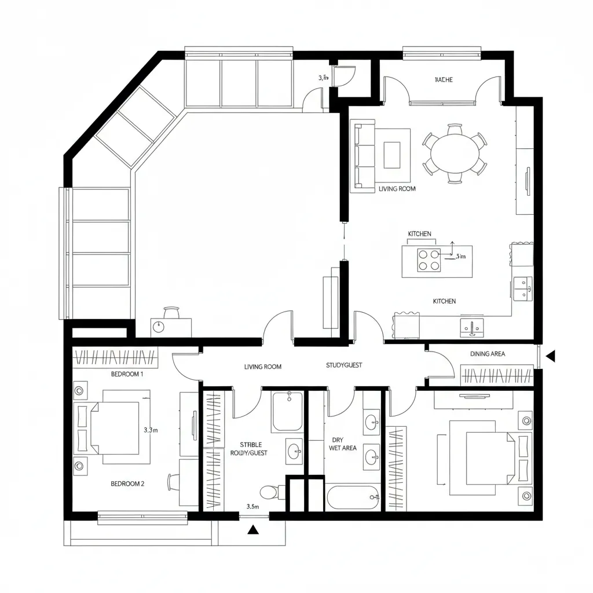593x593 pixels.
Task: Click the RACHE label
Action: [x=444, y=80]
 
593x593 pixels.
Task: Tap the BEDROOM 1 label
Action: [x=127, y=374]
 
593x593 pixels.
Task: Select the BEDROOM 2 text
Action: [x=127, y=484]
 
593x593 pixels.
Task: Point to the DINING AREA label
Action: [x=488, y=353]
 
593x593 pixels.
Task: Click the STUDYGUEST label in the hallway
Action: [x=344, y=365]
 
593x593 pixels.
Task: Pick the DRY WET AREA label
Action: [x=342, y=444]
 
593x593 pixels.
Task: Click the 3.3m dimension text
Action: [x=150, y=430]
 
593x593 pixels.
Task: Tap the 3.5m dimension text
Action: [x=253, y=506]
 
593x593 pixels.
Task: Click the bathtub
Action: [x=353, y=497]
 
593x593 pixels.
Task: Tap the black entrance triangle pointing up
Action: [x=253, y=529]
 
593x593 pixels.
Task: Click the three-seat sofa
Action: [x=364, y=156]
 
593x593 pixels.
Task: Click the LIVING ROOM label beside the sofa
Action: [x=397, y=189]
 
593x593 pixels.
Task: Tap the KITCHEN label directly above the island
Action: [x=419, y=234]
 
